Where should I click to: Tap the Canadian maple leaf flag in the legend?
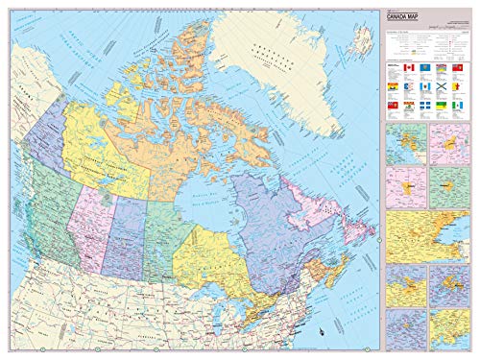point(409,68)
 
